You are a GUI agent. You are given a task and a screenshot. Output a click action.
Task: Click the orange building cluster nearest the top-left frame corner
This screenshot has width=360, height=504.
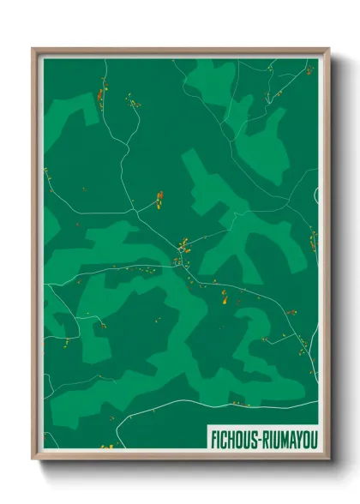(100, 93)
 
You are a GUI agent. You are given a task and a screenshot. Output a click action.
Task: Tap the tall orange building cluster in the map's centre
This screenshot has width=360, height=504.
(159, 200)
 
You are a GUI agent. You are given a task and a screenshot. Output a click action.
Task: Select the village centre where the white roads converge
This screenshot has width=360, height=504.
(183, 248)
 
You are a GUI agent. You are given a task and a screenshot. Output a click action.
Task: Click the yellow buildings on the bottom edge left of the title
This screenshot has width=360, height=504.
(108, 447)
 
